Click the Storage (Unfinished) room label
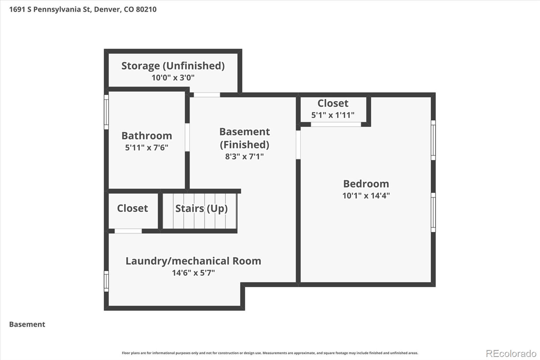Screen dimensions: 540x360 (173, 66)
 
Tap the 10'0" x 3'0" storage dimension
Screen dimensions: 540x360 (173, 78)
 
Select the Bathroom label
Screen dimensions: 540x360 (146, 136)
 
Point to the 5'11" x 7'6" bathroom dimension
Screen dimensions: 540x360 (146, 148)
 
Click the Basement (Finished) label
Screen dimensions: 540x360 (244, 138)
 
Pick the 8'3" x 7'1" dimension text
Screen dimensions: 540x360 (244, 157)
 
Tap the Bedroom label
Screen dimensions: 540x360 (366, 184)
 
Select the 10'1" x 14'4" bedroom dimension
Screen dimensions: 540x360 (366, 196)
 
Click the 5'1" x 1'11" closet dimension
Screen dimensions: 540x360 (333, 115)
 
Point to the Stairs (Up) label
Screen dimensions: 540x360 (201, 209)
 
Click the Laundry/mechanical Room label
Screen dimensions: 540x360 (193, 261)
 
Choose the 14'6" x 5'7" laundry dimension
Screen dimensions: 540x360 (193, 273)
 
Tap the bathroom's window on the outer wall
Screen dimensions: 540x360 (106, 112)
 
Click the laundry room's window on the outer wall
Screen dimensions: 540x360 (106, 281)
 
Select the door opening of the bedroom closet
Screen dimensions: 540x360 (336, 125)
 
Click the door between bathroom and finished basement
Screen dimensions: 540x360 (187, 137)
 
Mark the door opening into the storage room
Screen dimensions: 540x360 (207, 95)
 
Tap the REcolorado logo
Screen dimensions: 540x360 (511, 354)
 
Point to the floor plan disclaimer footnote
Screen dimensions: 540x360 (270, 353)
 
